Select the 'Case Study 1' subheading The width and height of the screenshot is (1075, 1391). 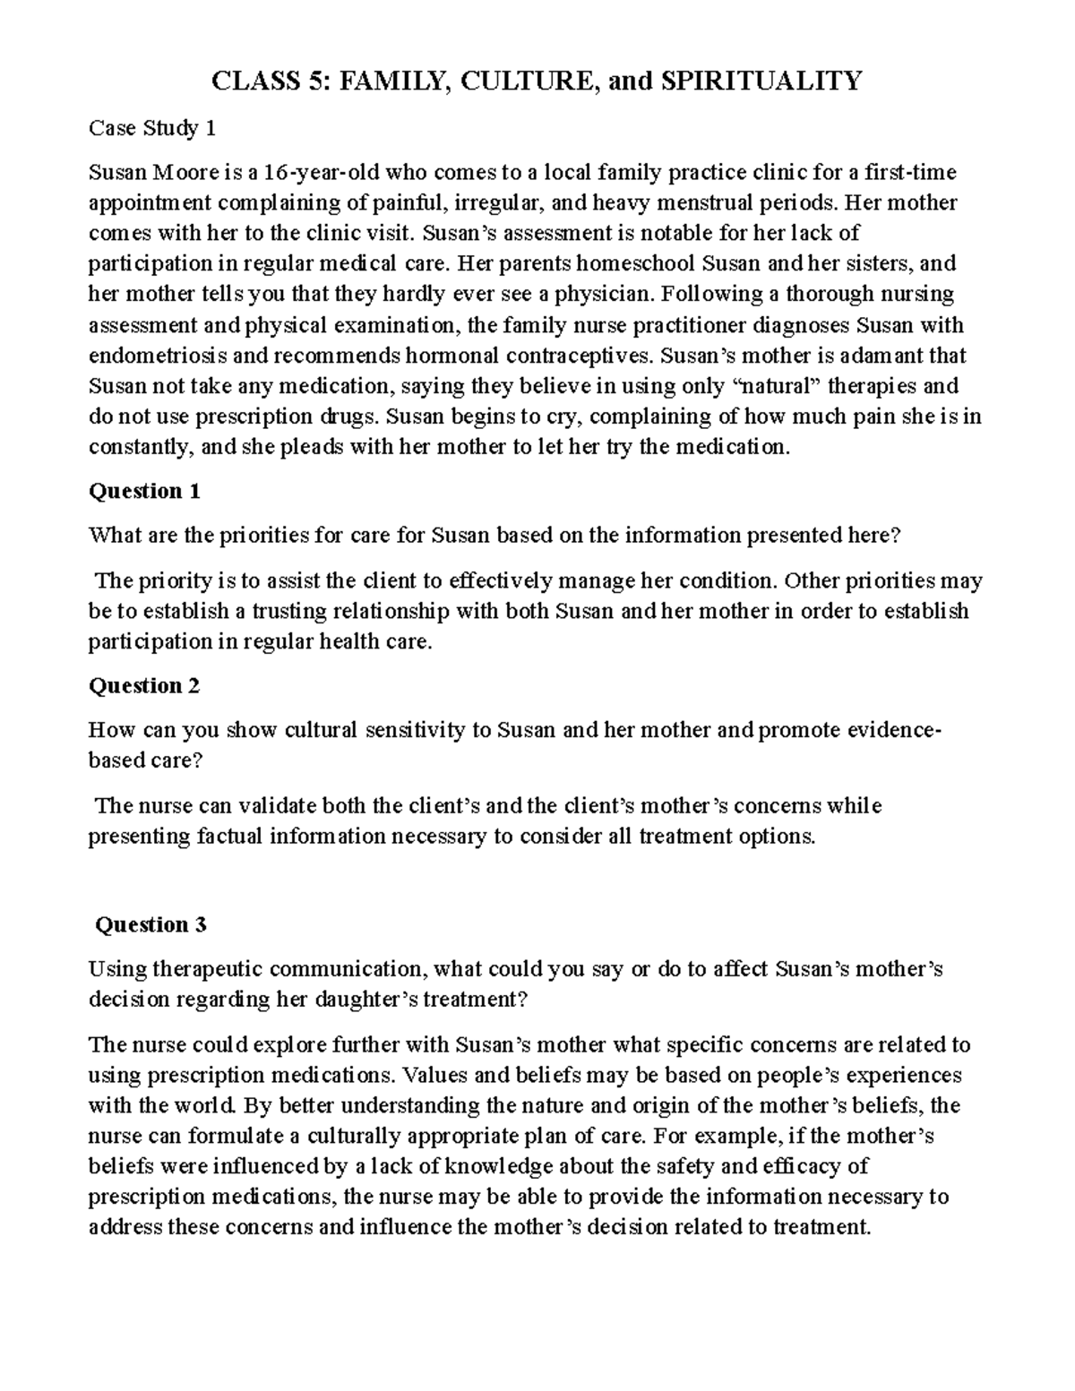pos(152,129)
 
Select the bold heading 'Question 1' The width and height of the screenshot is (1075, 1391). pos(143,491)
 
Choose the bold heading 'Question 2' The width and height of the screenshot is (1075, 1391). pos(143,686)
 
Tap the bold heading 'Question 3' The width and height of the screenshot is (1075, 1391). pos(150,925)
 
